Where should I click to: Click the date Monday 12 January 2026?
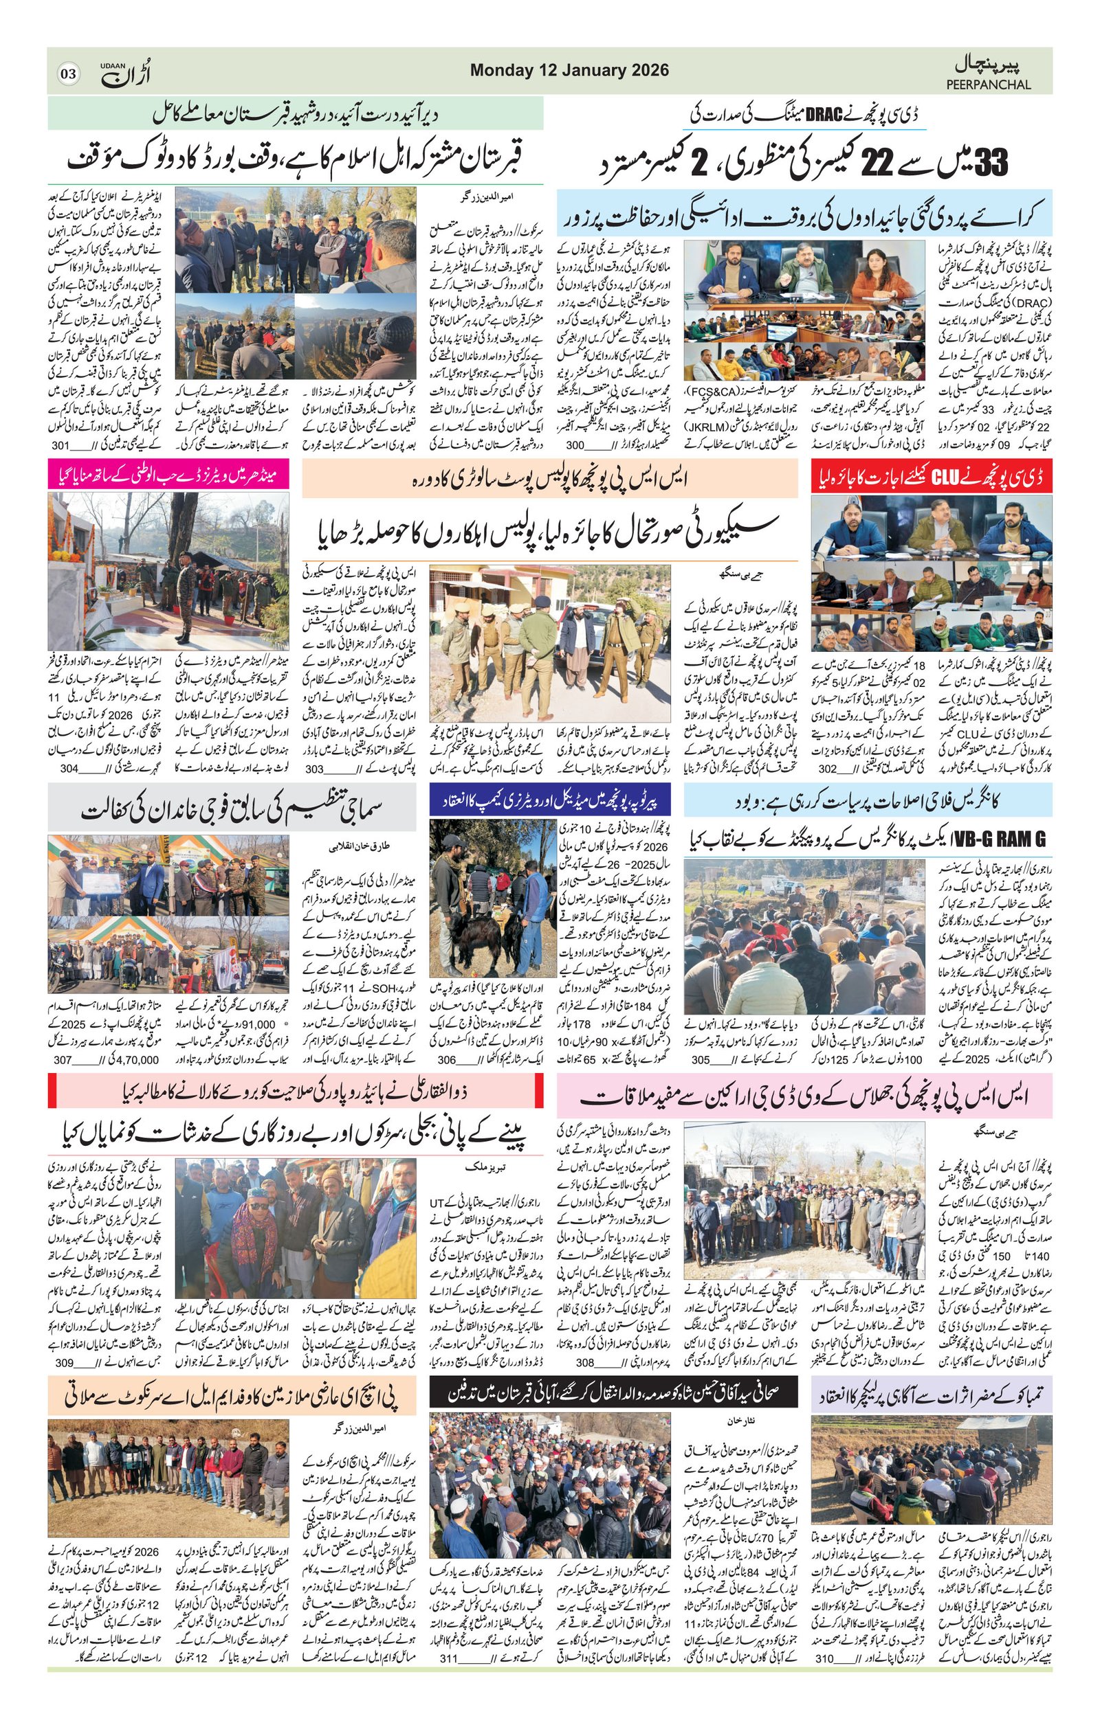pos(569,70)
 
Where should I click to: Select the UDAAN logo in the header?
pos(126,73)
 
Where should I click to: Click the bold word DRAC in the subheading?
pos(823,115)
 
